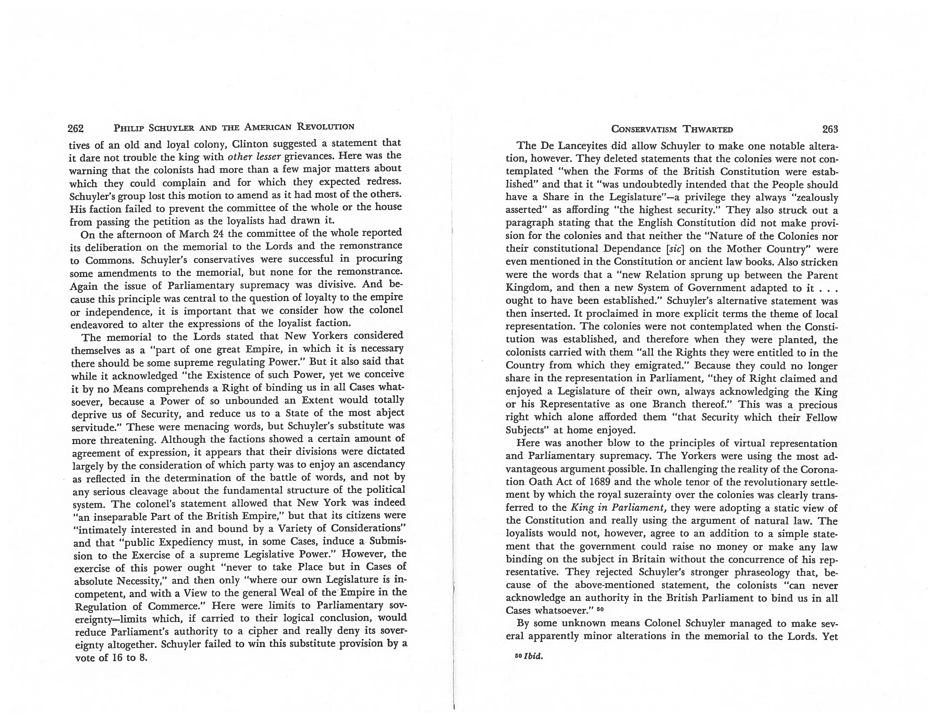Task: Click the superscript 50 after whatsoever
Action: pos(599,608)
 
